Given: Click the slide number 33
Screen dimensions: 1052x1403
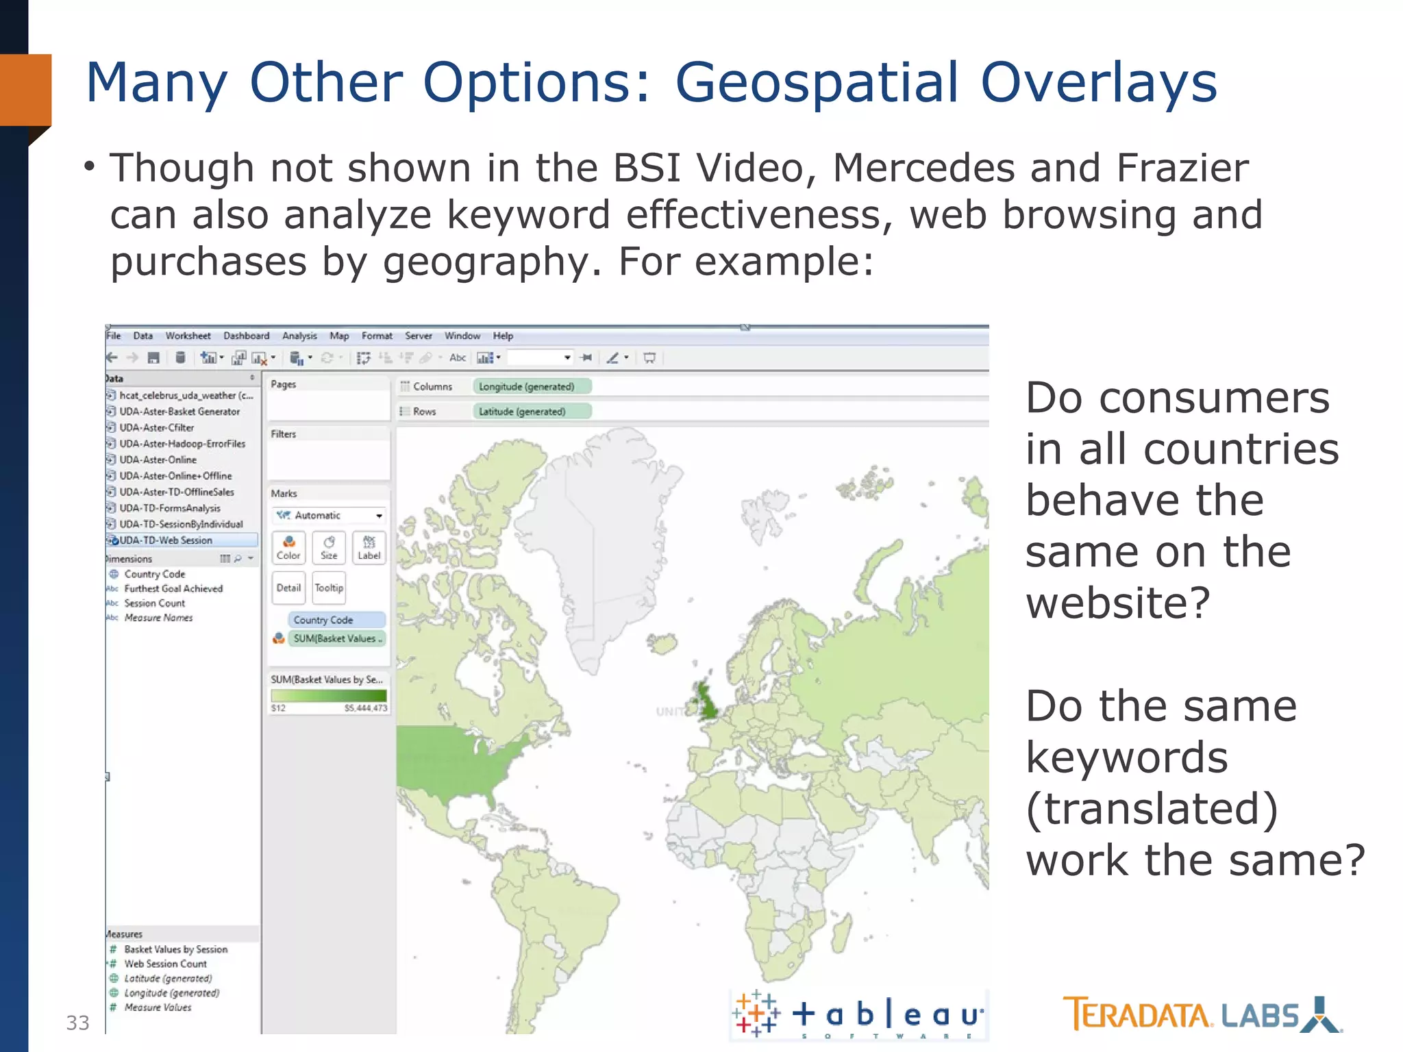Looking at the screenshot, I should (x=77, y=1023).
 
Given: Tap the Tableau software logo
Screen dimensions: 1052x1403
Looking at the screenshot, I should (x=859, y=1014).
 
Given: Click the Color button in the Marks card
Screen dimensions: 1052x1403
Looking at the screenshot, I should (x=288, y=547).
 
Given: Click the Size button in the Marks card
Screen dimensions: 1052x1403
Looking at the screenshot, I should (x=329, y=547).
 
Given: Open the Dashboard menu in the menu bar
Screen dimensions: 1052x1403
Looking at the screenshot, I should (x=246, y=336).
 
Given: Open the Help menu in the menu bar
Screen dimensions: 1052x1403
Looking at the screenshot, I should (x=503, y=336).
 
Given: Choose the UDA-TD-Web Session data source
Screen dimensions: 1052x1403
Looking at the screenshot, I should (x=166, y=540).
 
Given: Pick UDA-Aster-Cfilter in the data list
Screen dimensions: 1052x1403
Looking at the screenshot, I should (x=156, y=427).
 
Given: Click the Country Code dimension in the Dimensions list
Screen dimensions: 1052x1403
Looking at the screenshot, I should (x=154, y=574).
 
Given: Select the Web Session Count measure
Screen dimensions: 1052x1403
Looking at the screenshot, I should (x=165, y=964).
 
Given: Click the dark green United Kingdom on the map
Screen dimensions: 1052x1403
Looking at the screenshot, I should (x=706, y=699).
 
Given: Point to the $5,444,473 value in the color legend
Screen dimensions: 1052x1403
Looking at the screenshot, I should (x=366, y=708).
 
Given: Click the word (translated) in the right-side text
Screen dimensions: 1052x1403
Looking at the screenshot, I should (x=1151, y=809).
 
